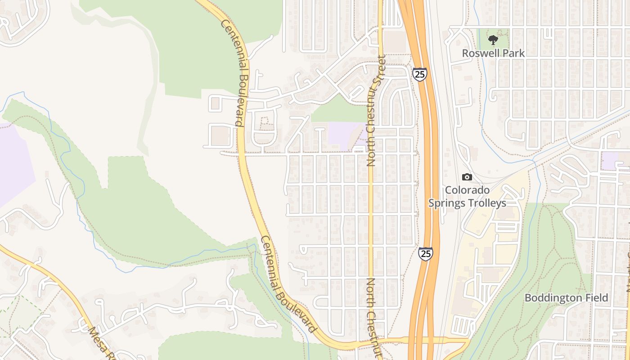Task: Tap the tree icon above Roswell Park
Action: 493,40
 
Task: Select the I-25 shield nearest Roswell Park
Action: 419,74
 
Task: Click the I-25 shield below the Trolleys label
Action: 425,253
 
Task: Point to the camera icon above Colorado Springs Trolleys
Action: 467,177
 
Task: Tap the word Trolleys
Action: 487,203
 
